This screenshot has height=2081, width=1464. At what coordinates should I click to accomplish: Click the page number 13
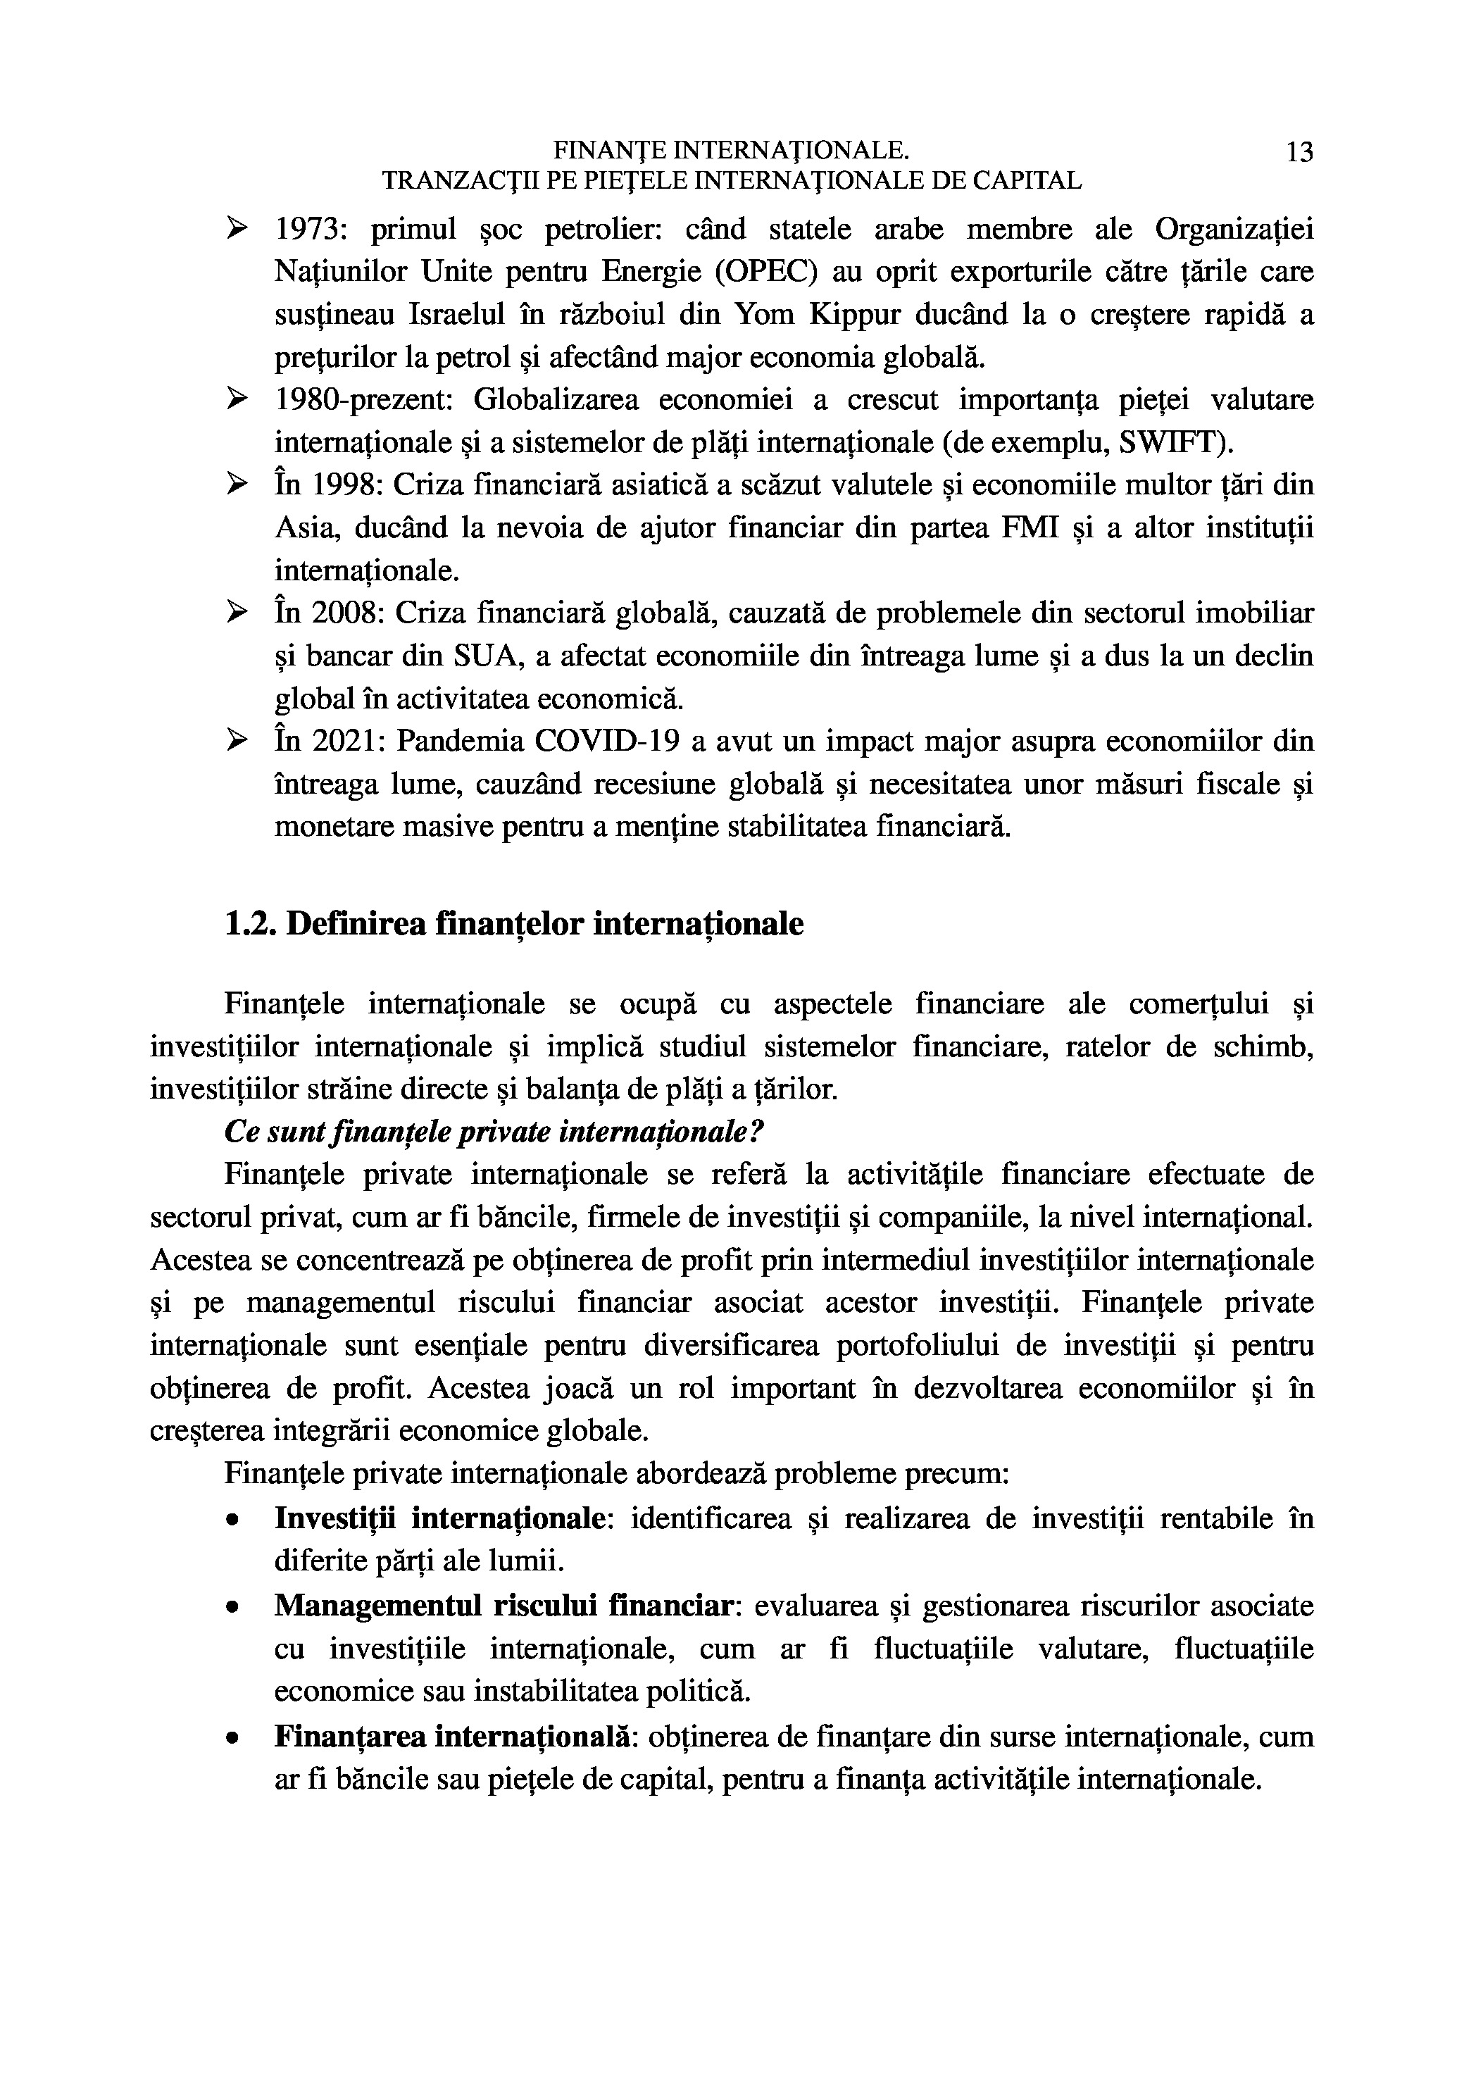click(1299, 152)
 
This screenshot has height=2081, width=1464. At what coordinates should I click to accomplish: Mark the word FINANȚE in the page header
click(609, 151)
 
